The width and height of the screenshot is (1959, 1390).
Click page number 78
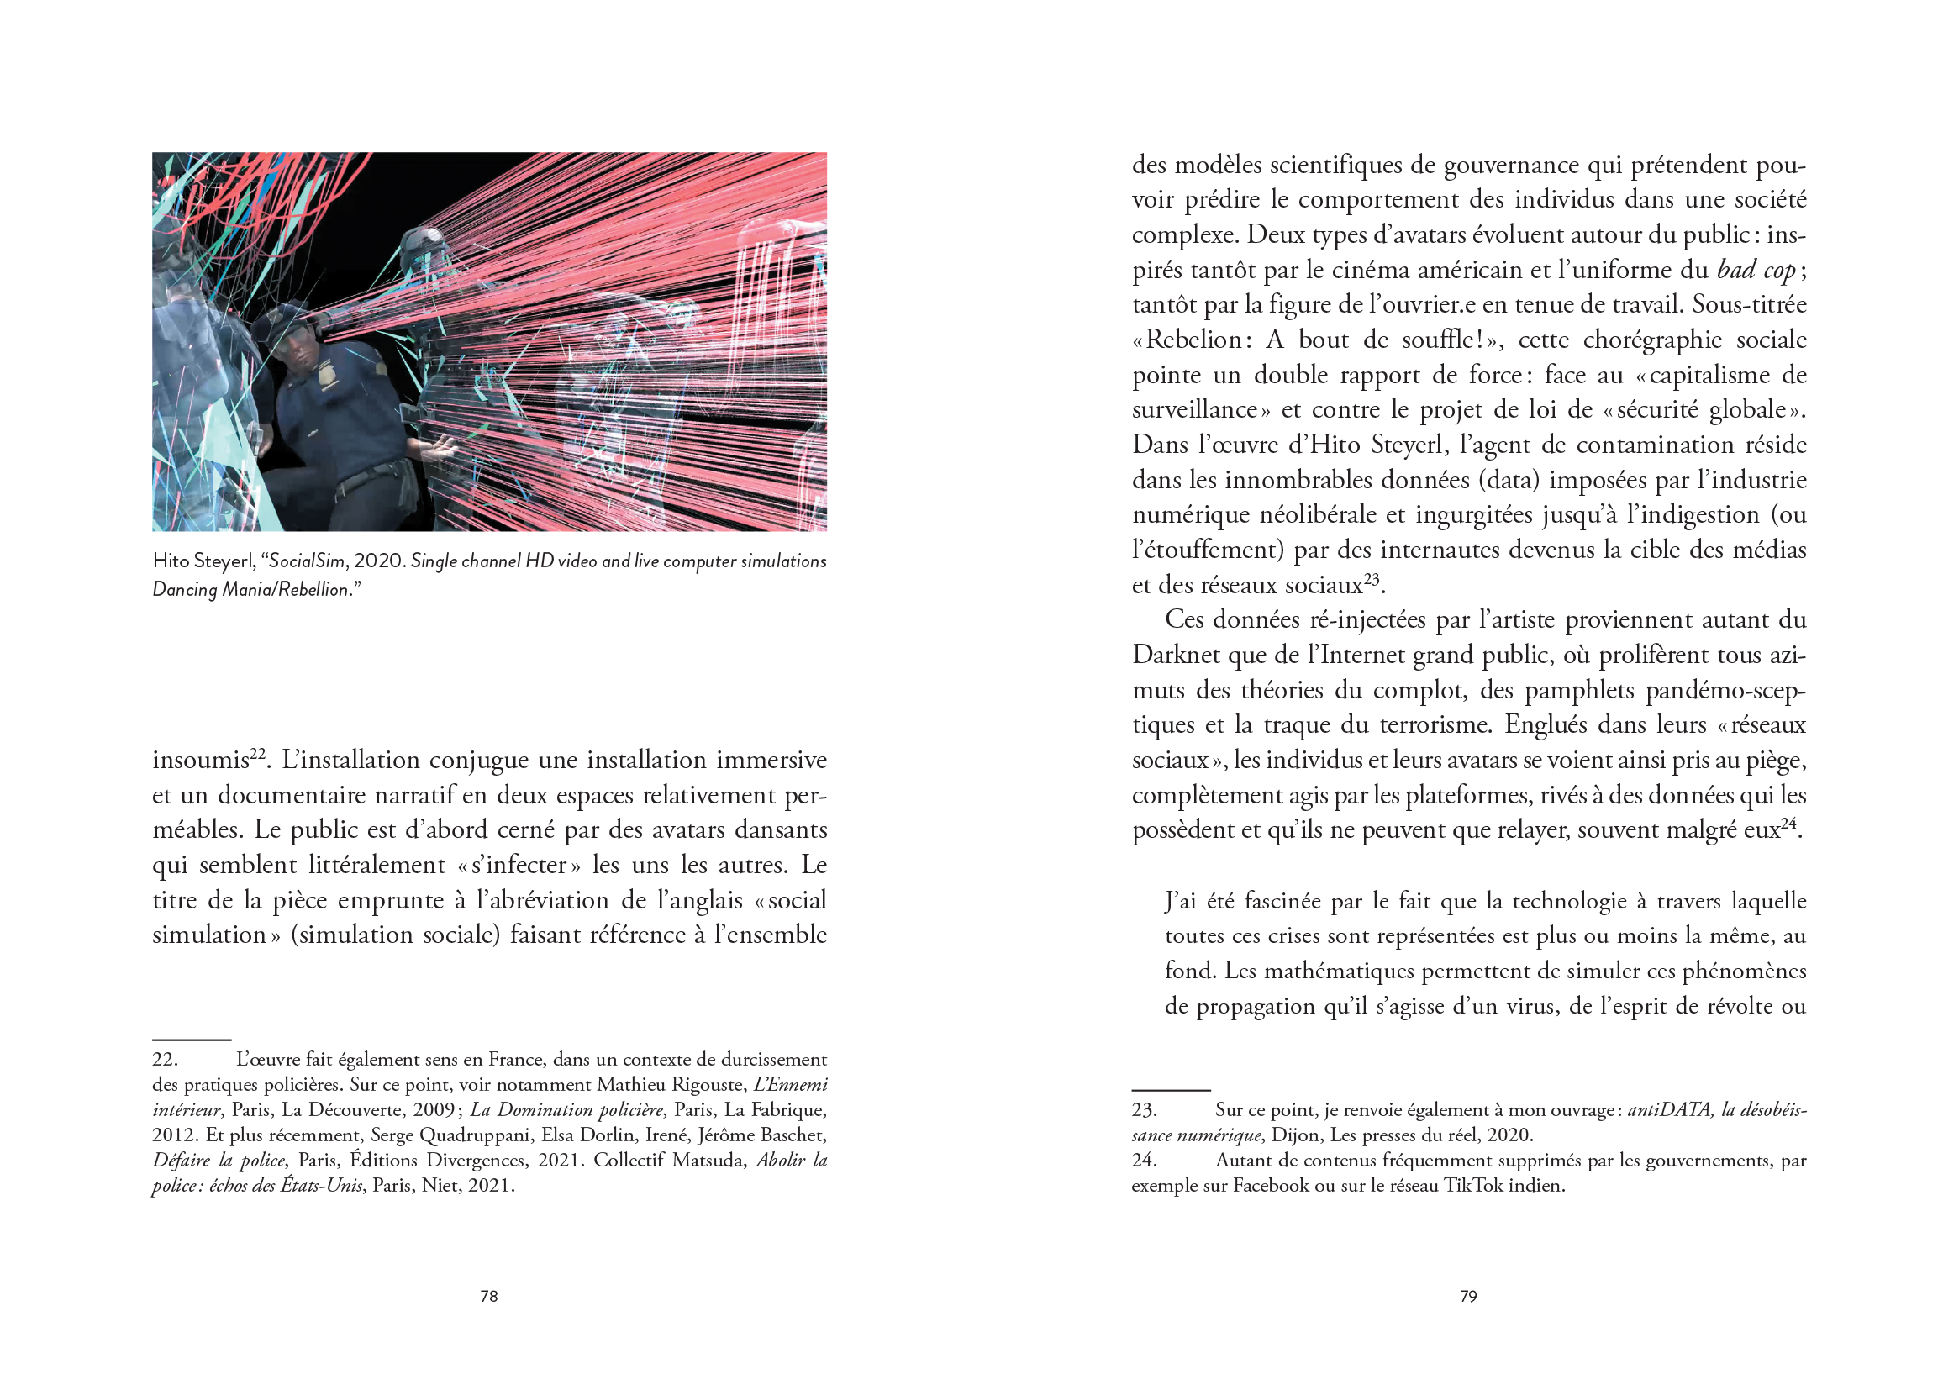pos(488,1296)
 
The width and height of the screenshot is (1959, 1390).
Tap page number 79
pos(1468,1296)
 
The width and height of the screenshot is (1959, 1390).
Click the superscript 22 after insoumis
pos(258,754)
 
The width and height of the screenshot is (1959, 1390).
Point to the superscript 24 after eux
pos(1789,824)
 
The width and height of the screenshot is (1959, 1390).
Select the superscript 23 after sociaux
pos(1372,578)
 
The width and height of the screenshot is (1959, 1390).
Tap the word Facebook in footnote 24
pos(1270,1187)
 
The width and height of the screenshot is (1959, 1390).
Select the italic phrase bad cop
pos(1756,271)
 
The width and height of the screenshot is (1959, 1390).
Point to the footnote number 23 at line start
pos(1144,1110)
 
